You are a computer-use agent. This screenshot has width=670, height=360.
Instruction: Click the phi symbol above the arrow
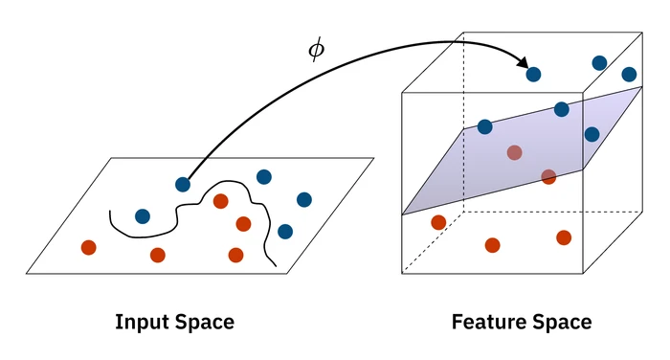tap(316, 51)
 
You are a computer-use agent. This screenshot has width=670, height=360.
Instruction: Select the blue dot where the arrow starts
tap(183, 185)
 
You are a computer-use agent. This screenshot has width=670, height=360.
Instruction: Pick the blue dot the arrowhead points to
tap(533, 74)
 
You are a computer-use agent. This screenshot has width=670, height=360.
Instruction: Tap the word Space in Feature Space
tap(562, 322)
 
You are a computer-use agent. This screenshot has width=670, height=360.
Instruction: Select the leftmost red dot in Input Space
tap(89, 247)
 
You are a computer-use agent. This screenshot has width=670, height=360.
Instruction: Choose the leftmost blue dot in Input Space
tap(143, 216)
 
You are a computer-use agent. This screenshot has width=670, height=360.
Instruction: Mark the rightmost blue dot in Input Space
tap(304, 199)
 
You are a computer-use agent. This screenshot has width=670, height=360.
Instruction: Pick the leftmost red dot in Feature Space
tap(438, 222)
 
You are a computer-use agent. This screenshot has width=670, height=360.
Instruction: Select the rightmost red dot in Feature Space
tap(564, 237)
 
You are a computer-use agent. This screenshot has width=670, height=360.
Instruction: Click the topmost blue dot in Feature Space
tap(599, 63)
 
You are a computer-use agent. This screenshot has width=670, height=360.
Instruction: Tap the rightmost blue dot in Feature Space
tap(629, 74)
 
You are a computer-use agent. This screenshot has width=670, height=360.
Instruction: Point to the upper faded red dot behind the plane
tap(514, 152)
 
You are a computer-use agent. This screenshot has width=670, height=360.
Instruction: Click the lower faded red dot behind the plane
tap(548, 176)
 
